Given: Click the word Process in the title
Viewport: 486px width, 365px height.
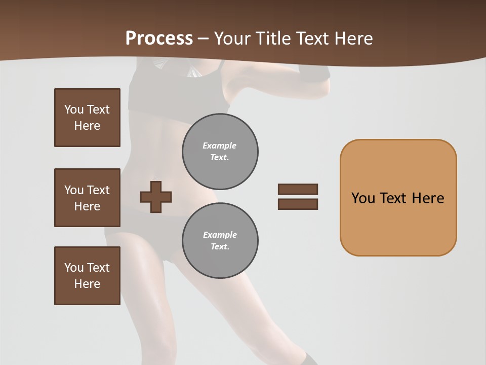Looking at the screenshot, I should [159, 39].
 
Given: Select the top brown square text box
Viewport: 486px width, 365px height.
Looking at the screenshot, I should [87, 118].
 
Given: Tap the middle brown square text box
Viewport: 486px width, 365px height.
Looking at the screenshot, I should [87, 198].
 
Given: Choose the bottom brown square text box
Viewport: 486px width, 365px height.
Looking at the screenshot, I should [87, 276].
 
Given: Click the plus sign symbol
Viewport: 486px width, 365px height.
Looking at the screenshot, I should [155, 197].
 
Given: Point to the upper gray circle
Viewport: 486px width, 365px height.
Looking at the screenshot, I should [220, 152].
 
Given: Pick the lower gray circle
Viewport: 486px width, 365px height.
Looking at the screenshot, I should [220, 241].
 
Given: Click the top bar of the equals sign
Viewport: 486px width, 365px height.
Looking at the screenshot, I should [298, 189].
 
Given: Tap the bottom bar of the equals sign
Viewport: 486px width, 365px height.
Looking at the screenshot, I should [298, 204].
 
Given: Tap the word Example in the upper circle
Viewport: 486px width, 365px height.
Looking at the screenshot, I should [219, 145].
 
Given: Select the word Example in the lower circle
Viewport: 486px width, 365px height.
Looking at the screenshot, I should [220, 235].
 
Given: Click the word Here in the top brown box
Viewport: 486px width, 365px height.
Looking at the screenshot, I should [87, 126].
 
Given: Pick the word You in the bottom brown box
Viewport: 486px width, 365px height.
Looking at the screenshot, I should [73, 268].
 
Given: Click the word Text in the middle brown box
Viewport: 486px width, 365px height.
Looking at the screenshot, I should [98, 190].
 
